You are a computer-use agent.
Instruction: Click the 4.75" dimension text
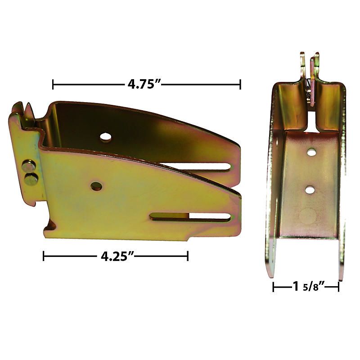(x=143, y=84)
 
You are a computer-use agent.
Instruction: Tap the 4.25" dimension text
(x=115, y=256)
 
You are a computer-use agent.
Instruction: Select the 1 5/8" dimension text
(x=306, y=287)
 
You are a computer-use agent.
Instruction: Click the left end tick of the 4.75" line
(x=53, y=84)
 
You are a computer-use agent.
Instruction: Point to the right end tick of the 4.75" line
(x=240, y=84)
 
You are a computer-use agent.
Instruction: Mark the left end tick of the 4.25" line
(x=44, y=256)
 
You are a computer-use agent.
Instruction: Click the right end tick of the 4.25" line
(x=187, y=256)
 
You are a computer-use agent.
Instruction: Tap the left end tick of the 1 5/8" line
(x=274, y=287)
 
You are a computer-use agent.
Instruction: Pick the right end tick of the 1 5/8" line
(x=338, y=287)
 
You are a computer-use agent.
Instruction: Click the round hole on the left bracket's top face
(x=106, y=136)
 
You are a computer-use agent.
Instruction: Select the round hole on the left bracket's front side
(x=96, y=185)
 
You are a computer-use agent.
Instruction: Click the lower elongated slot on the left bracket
(x=191, y=217)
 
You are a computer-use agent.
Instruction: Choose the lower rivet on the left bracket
(x=30, y=180)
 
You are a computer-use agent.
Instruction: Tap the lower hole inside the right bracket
(x=310, y=189)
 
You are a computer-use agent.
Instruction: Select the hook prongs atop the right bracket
(x=310, y=67)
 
